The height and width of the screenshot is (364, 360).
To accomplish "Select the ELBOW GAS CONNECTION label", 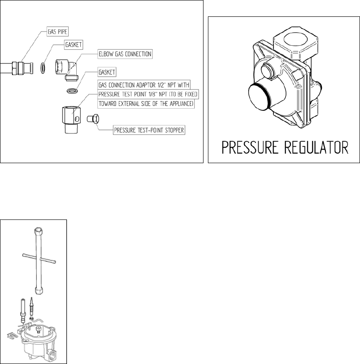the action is (x=125, y=54).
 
